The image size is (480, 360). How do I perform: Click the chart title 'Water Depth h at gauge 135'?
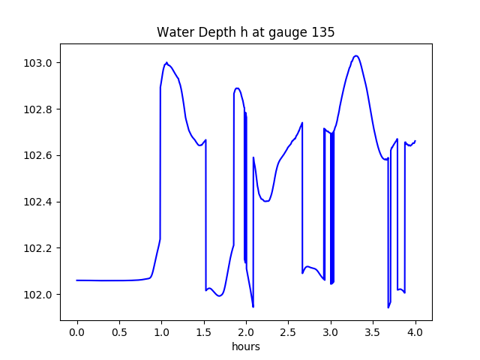245,32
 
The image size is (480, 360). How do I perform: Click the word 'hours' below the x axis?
245,346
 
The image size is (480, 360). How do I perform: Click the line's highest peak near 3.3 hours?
356,55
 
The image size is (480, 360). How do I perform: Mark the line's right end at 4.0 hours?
415,141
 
